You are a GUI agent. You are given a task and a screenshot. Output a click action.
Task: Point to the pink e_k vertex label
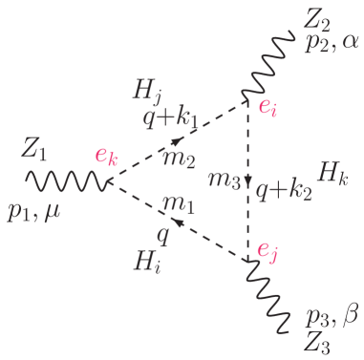106,158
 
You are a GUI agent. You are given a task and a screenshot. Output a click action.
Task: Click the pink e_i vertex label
268,106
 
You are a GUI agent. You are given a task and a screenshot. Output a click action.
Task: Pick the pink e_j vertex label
268,251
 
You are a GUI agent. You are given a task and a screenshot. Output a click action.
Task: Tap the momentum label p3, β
331,316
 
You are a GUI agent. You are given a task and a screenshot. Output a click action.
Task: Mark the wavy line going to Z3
272,297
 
